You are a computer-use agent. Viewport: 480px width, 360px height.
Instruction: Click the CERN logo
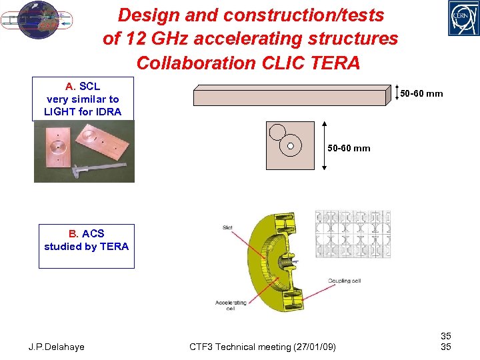coord(463,18)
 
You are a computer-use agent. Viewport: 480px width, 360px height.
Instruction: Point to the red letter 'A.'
coord(71,87)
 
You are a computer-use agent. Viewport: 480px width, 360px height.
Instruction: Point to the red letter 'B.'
coord(73,233)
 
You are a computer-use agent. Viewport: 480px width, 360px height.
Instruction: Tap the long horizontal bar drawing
coord(290,97)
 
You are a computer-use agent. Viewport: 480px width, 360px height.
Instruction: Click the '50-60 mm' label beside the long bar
coord(421,94)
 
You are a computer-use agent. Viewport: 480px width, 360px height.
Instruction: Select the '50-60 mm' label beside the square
coord(349,148)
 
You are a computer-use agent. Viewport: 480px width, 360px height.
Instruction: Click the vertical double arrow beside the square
coord(325,145)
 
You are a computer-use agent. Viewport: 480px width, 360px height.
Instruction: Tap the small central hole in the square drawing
coord(291,146)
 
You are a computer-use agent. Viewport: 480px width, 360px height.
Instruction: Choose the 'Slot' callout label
coord(228,229)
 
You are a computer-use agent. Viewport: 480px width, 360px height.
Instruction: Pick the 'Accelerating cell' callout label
coord(231,305)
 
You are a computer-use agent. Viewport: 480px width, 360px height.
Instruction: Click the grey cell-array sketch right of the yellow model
coord(353,233)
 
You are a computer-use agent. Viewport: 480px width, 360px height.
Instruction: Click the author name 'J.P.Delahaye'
coord(57,347)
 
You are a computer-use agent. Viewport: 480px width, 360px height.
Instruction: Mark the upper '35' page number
coord(446,337)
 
